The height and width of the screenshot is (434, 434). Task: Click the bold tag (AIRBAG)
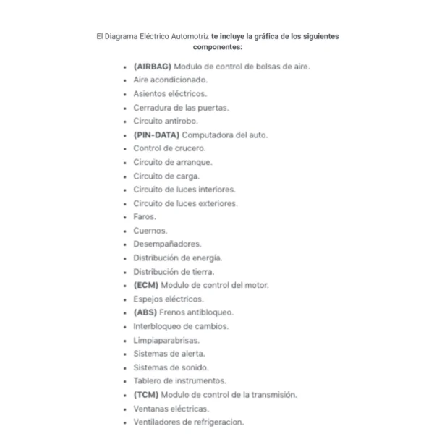pos(153,66)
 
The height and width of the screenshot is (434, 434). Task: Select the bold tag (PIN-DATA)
pos(156,135)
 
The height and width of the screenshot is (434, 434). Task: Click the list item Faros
pos(145,216)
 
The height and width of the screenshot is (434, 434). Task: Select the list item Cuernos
pos(150,230)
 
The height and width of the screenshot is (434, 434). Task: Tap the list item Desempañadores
pos(167,244)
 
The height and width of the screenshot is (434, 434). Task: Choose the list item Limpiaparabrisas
pos(166,339)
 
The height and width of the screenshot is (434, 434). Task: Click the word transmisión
pos(271,394)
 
